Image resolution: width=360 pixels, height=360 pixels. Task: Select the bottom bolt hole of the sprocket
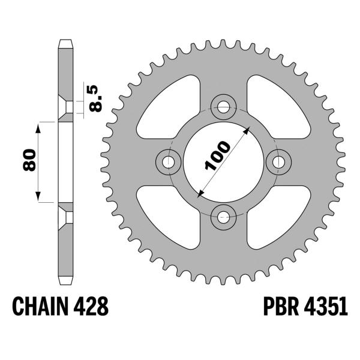(224, 217)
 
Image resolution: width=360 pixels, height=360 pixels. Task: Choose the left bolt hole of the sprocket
(169, 162)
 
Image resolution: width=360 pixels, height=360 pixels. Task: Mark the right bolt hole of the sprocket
(278, 162)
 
